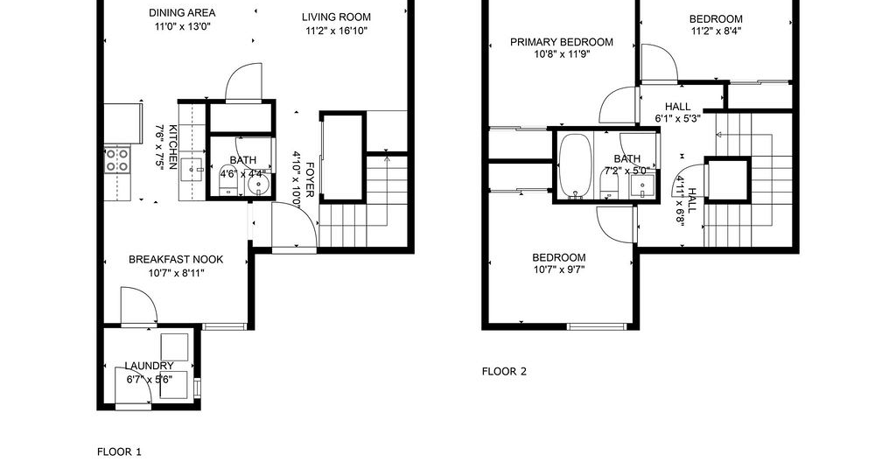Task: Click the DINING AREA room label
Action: (182, 12)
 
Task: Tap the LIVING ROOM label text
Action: (336, 17)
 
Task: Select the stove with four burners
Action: (117, 159)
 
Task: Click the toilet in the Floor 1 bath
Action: (227, 180)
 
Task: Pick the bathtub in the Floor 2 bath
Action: (576, 166)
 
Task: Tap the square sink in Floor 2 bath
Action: (642, 186)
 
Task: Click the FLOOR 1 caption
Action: (119, 451)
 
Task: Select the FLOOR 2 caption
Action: (504, 371)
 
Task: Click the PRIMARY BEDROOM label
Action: (562, 42)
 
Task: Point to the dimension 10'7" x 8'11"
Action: (176, 273)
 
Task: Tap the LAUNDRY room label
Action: (149, 366)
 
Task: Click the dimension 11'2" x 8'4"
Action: (716, 31)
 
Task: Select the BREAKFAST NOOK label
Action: (176, 259)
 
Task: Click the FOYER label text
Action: (310, 180)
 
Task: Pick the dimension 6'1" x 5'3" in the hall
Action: (678, 119)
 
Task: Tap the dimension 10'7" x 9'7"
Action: (559, 269)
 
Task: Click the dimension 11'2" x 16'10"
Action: (336, 31)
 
